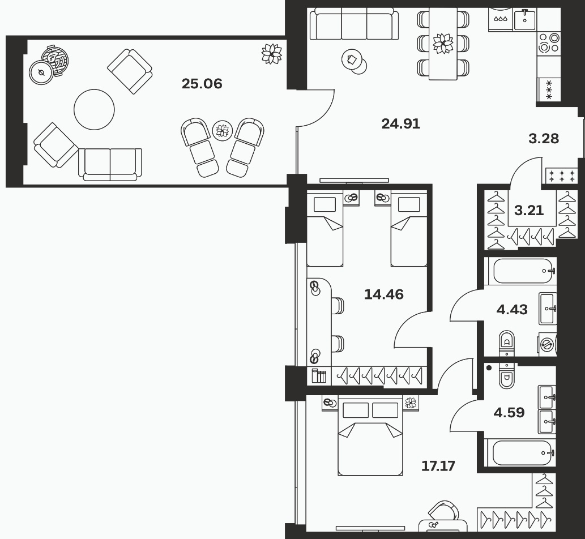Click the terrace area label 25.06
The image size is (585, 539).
click(202, 84)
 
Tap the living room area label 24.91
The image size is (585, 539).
click(401, 123)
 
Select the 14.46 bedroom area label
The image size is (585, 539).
click(383, 294)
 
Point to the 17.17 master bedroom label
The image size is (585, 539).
click(438, 466)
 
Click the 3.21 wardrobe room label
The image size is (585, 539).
click(529, 211)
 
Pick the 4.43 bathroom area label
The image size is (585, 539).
click(512, 309)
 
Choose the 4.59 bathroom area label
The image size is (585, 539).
click(509, 413)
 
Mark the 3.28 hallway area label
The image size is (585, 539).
click(544, 139)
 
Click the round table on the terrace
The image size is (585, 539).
click(94, 109)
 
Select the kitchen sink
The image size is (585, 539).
click(524, 19)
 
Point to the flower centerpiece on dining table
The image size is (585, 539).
click(443, 43)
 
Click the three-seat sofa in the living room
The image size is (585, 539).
click(354, 24)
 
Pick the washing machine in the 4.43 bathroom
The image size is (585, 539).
click(547, 343)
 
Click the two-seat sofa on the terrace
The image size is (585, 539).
click(110, 164)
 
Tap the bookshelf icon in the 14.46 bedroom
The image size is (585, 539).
click(319, 375)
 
